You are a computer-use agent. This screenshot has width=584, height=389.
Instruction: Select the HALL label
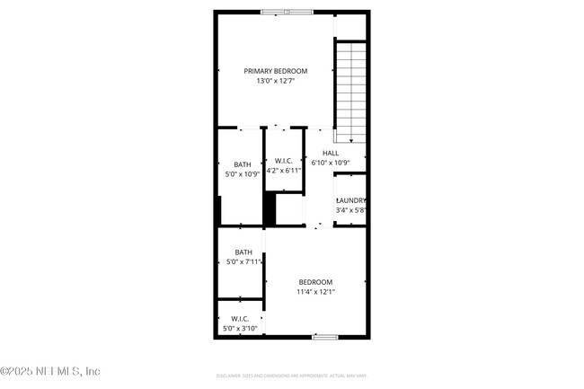click(330, 154)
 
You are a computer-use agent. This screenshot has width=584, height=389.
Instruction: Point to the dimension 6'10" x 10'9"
click(330, 164)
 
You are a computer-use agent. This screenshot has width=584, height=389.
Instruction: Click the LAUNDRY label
click(350, 200)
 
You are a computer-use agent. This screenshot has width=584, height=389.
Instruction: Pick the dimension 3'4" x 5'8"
click(350, 210)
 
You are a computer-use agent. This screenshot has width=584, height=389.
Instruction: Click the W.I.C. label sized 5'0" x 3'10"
click(240, 319)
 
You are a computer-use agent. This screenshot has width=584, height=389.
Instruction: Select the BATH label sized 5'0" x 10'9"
click(243, 164)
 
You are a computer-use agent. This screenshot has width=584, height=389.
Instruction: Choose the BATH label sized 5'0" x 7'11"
click(243, 252)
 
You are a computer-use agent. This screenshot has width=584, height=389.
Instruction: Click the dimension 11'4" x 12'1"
click(315, 291)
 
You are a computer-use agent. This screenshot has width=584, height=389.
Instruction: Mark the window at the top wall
click(288, 12)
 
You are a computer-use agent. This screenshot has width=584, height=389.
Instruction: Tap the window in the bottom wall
click(324, 337)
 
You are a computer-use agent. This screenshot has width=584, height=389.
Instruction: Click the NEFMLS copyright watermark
click(51, 371)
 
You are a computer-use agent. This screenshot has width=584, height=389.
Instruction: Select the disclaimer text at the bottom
click(291, 375)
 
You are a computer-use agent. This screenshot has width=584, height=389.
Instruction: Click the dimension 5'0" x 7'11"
click(243, 262)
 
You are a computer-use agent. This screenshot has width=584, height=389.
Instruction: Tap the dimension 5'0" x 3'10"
click(240, 329)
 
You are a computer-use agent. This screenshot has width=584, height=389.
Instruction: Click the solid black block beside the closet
click(269, 210)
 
